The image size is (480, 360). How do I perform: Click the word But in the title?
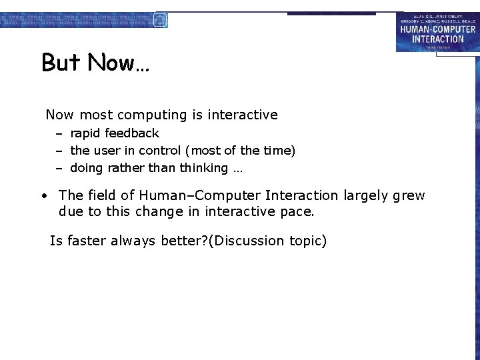[x=61, y=63]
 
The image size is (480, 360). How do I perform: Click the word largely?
[x=366, y=195]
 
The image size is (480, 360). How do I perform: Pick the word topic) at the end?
[x=308, y=241]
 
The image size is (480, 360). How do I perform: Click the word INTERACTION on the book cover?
[x=437, y=39]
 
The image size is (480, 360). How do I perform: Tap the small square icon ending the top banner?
[x=160, y=19]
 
